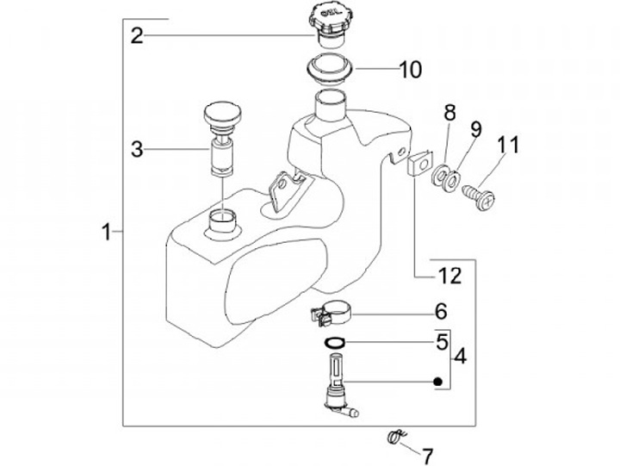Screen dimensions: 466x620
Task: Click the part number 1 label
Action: pos(106,232)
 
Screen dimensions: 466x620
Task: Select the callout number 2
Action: pos(137,35)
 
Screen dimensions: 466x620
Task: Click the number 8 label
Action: pos(449,113)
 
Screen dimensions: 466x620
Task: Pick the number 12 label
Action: pos(449,276)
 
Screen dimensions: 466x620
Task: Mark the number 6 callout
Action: pos(441,311)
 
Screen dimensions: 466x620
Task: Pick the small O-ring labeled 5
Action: pos(333,343)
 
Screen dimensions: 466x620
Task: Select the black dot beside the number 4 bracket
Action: pos(438,382)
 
